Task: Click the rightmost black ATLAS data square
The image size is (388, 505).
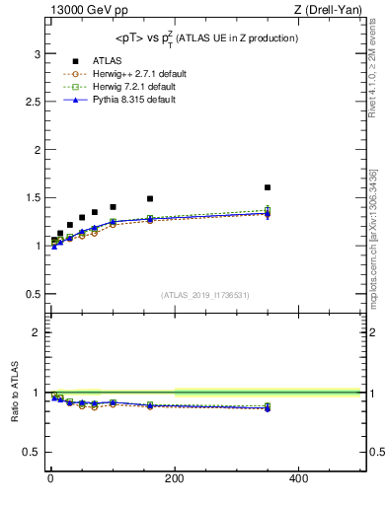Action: point(268,187)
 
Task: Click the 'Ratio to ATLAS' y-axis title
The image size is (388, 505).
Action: point(15,394)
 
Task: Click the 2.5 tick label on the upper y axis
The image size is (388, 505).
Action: point(34,101)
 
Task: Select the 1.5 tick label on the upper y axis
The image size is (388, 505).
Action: point(34,197)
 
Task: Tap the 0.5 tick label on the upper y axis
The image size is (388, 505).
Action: point(34,294)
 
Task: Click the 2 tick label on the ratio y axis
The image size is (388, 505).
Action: point(38,332)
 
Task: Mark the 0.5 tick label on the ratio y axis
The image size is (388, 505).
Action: point(34,453)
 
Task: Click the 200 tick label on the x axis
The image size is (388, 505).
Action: point(174,479)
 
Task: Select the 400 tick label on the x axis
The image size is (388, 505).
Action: point(298,479)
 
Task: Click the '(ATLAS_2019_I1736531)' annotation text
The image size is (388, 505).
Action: point(205,295)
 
